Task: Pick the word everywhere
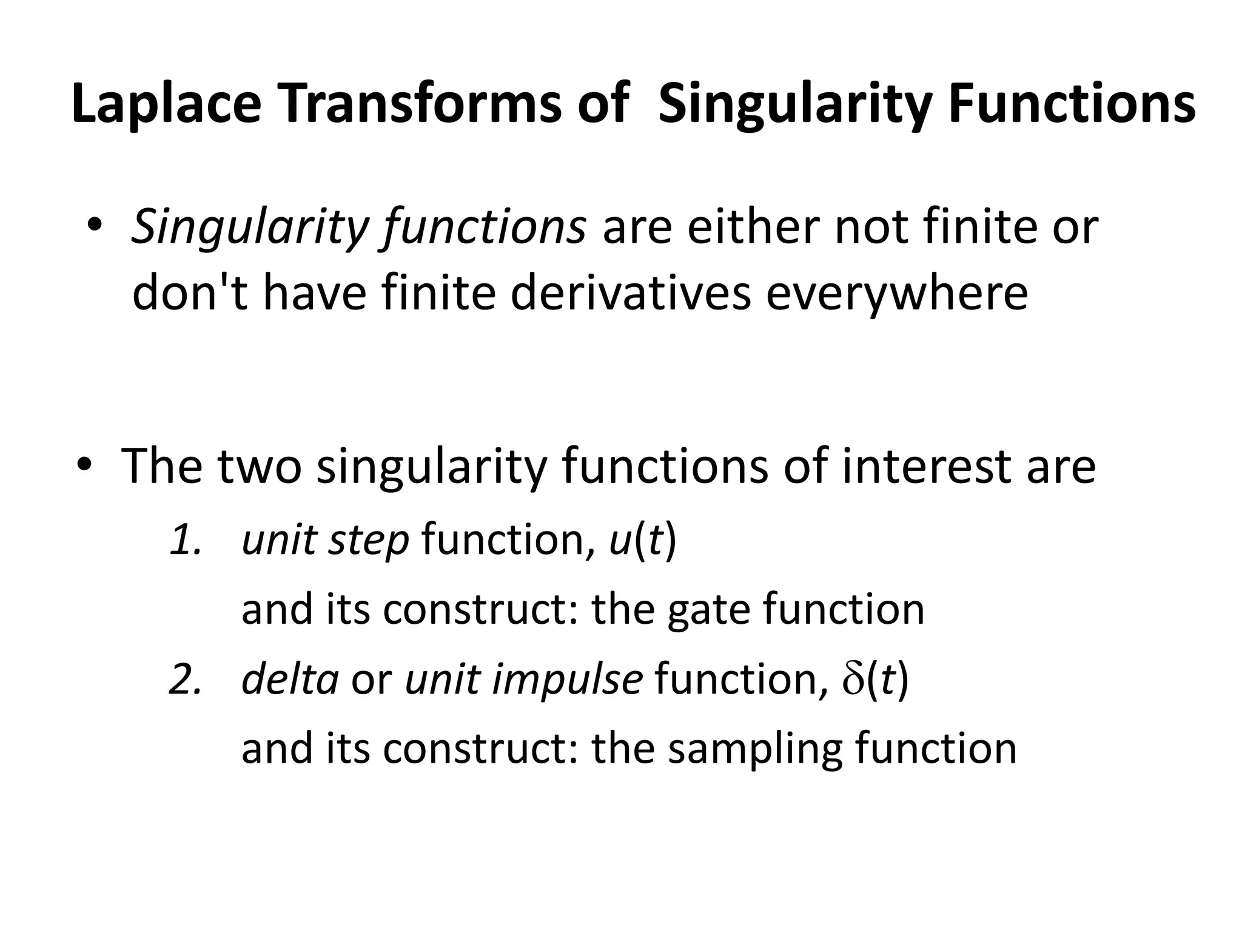pos(897,294)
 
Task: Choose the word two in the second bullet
pos(259,466)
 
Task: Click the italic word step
pos(368,541)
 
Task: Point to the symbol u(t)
pos(642,541)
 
